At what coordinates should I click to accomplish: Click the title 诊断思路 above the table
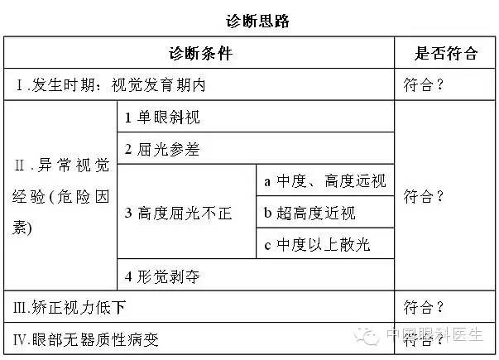[x=257, y=21]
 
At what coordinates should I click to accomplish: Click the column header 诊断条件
[x=200, y=53]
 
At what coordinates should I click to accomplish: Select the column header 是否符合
[x=446, y=53]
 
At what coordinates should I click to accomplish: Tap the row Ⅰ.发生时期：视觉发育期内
[x=110, y=85]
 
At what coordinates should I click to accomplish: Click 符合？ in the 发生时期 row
[x=423, y=85]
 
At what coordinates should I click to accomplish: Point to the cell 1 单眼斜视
[x=162, y=118]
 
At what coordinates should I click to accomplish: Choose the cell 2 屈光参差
[x=162, y=149]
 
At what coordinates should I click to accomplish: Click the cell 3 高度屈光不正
[x=178, y=213]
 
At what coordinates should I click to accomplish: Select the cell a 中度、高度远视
[x=325, y=181]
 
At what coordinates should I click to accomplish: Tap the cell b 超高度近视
[x=309, y=213]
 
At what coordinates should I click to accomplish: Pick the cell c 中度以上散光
[x=317, y=245]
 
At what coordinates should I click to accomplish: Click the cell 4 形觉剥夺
[x=162, y=276]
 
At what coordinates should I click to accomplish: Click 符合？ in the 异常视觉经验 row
[x=423, y=196]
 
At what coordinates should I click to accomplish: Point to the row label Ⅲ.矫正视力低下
[x=70, y=308]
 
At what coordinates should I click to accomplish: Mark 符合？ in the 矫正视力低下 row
[x=423, y=308]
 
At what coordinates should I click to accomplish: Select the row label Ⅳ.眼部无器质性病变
[x=85, y=339]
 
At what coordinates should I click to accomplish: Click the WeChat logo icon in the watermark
[x=366, y=335]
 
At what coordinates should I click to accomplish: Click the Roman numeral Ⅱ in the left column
[x=19, y=166]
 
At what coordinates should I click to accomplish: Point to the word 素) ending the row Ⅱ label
[x=22, y=228]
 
